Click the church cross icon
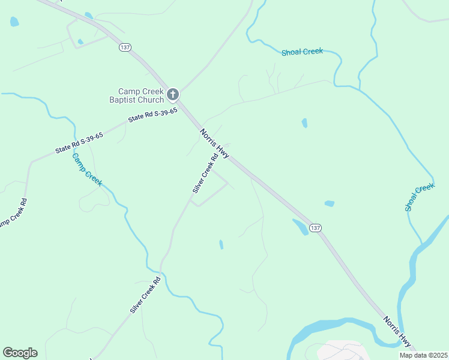(173, 94)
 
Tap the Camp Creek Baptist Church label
(136, 95)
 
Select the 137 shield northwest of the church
(125, 47)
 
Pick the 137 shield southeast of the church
(316, 228)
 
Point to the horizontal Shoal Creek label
(302, 52)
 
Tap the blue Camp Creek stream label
(86, 169)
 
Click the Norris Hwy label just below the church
(214, 143)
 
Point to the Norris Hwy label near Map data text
(397, 332)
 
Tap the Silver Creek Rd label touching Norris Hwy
(204, 175)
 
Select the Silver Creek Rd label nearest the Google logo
(145, 295)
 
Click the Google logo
(20, 353)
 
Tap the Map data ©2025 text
(423, 355)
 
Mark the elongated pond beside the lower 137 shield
(300, 227)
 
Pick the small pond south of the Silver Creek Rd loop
(221, 244)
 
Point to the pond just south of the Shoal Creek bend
(304, 123)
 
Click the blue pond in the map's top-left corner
(14, 22)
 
